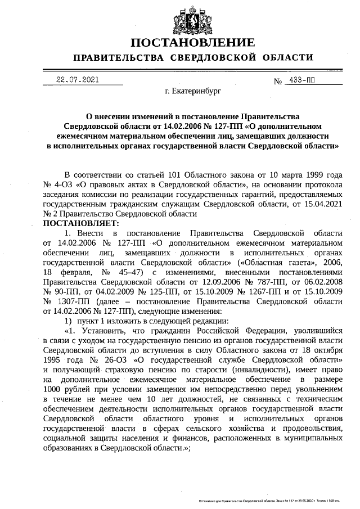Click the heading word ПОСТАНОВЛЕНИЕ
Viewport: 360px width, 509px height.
point(193,43)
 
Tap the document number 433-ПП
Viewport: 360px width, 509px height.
point(301,80)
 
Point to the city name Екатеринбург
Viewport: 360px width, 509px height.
point(193,90)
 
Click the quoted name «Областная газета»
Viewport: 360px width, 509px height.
point(273,262)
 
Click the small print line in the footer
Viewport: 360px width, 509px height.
point(275,499)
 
